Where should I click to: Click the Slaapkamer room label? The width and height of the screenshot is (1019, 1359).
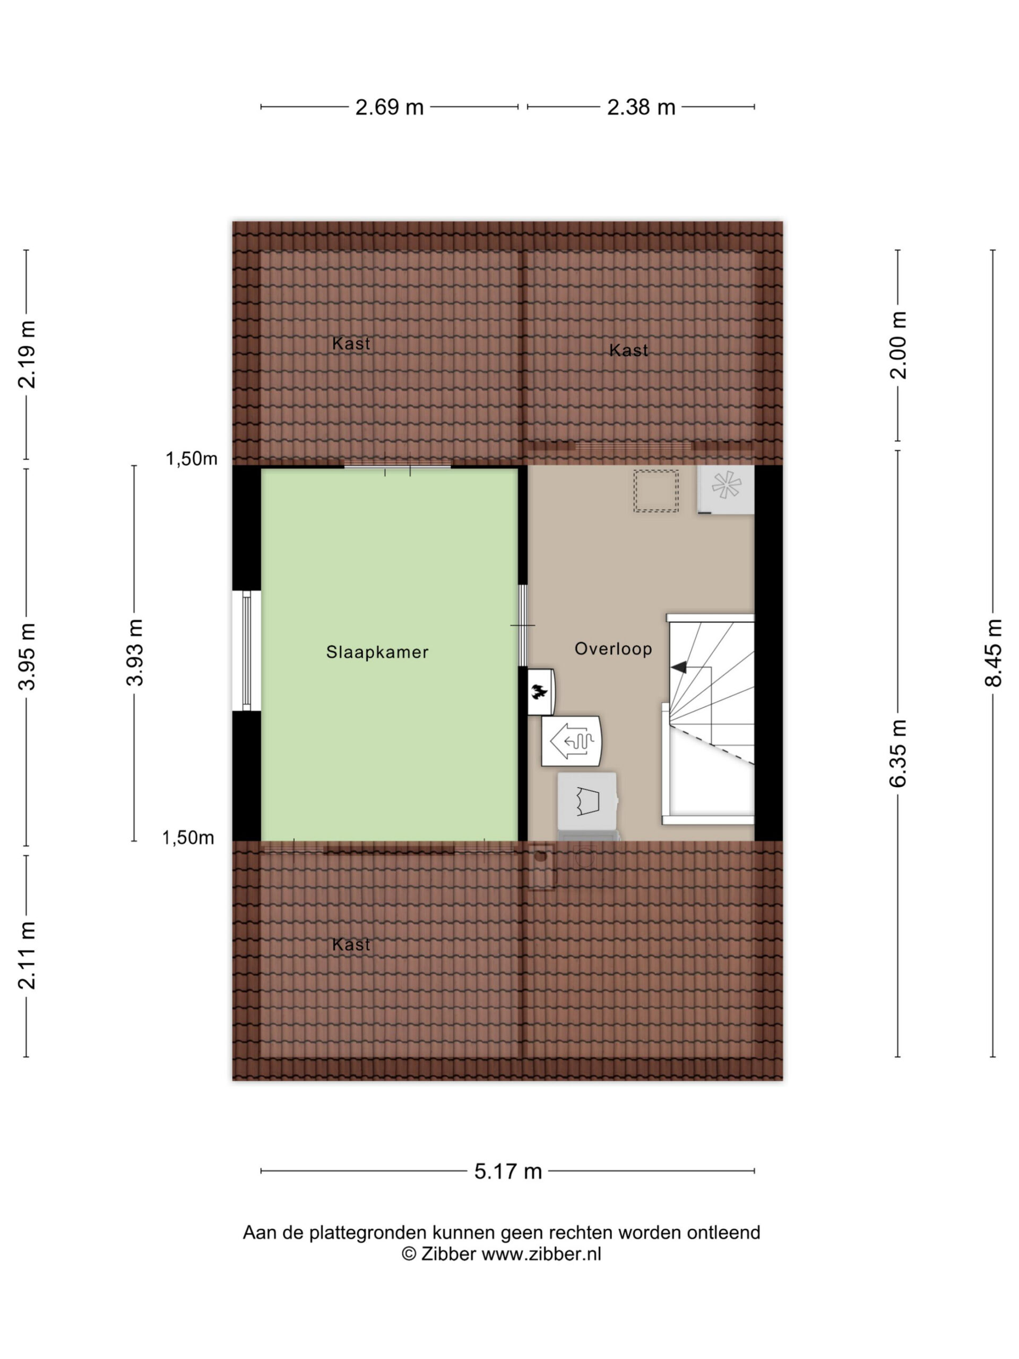(x=377, y=652)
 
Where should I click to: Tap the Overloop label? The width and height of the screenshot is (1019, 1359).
(x=613, y=649)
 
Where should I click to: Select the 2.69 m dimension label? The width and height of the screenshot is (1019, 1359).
(x=390, y=108)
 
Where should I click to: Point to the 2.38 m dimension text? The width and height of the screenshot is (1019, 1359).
(x=641, y=108)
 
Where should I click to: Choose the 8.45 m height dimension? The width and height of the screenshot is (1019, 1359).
(x=993, y=652)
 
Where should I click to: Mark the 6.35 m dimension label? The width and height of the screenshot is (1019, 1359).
(x=897, y=753)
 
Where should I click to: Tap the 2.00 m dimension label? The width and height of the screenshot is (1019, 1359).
(x=897, y=345)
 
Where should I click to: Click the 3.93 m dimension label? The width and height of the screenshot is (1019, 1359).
(x=134, y=652)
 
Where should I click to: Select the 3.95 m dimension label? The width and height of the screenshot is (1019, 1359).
(x=27, y=656)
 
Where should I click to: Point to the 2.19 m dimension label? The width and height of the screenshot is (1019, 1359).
(x=27, y=355)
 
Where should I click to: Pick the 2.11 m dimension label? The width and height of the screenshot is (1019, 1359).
(x=27, y=956)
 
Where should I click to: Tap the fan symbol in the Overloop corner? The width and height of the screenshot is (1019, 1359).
(x=726, y=485)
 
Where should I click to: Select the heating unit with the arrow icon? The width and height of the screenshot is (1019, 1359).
(x=571, y=741)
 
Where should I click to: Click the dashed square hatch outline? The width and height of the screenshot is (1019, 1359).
(x=656, y=491)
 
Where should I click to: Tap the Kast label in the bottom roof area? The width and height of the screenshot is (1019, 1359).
(x=351, y=944)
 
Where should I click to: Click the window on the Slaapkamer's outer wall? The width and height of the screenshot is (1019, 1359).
(x=246, y=651)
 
